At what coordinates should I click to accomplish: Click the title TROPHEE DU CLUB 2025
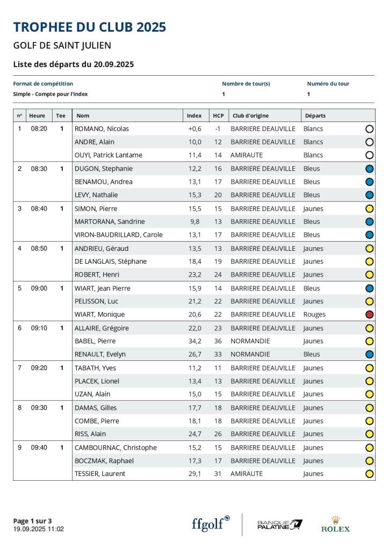click(x=90, y=27)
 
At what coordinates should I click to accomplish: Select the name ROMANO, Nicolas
click(x=102, y=129)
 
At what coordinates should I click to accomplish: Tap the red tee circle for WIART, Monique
click(x=369, y=315)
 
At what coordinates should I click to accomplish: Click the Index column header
click(x=195, y=115)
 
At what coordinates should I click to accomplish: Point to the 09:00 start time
click(x=39, y=288)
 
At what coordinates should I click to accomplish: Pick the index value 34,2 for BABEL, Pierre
click(x=194, y=341)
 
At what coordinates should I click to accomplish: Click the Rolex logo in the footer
click(x=335, y=524)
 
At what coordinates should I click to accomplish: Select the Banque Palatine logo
click(x=279, y=525)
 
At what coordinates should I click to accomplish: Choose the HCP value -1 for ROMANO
click(x=218, y=129)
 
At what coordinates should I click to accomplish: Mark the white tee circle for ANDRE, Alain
click(x=369, y=142)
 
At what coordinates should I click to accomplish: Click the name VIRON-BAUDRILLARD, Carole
click(x=118, y=235)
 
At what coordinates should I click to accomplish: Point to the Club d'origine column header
click(x=250, y=115)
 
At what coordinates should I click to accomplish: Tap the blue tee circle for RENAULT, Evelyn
click(x=369, y=354)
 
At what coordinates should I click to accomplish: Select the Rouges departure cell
click(x=314, y=315)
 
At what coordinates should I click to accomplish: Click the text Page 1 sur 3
click(x=32, y=520)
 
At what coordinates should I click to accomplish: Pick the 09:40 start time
click(x=39, y=448)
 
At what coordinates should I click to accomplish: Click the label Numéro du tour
click(x=328, y=84)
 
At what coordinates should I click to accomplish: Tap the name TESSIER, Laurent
click(x=99, y=474)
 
